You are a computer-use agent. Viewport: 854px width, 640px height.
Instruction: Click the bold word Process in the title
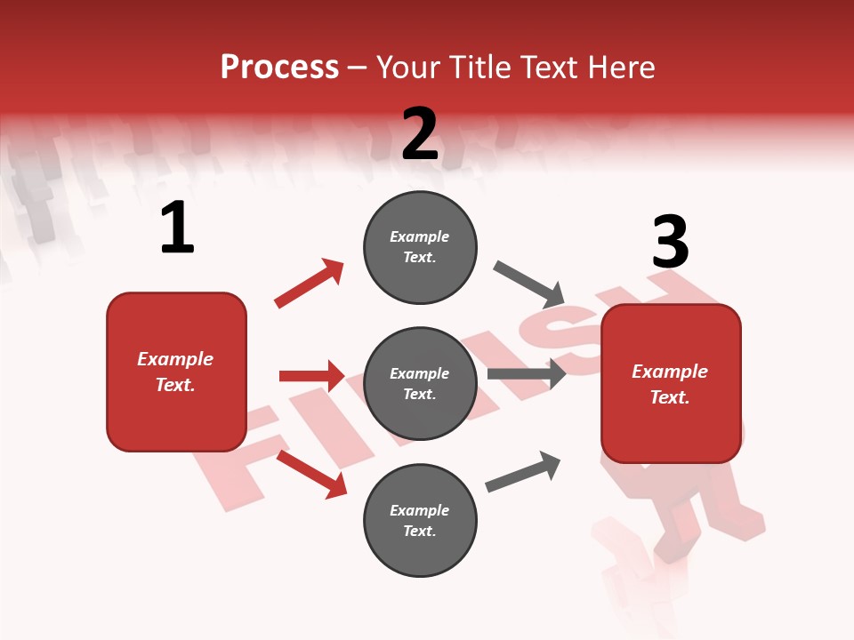point(279,68)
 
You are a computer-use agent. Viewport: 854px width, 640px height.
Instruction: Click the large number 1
point(177,228)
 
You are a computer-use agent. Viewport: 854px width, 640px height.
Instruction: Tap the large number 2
point(420,134)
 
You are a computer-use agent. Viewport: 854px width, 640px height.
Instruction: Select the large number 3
point(670,243)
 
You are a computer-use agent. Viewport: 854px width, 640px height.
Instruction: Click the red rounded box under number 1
point(176,372)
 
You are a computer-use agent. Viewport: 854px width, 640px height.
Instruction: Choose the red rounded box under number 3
point(671,383)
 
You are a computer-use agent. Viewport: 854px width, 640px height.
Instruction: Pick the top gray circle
point(420,247)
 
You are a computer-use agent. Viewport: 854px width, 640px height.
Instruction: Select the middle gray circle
point(420,383)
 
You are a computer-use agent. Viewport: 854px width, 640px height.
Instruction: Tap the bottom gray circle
point(420,520)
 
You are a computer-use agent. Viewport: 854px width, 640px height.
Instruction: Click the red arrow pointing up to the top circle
point(309,284)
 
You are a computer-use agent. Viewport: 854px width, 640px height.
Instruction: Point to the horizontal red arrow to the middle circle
point(311,376)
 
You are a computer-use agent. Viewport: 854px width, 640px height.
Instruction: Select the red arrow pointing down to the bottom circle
point(311,474)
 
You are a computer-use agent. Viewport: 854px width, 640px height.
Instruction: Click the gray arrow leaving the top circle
point(528,284)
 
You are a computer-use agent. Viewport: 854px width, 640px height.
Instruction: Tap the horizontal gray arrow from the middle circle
point(527,373)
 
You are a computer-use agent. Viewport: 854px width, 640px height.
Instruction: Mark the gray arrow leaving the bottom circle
point(523,472)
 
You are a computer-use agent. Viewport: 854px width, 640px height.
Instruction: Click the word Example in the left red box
point(175,359)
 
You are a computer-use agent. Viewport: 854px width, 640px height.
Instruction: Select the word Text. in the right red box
point(670,397)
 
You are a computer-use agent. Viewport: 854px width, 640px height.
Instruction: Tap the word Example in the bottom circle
point(420,510)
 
